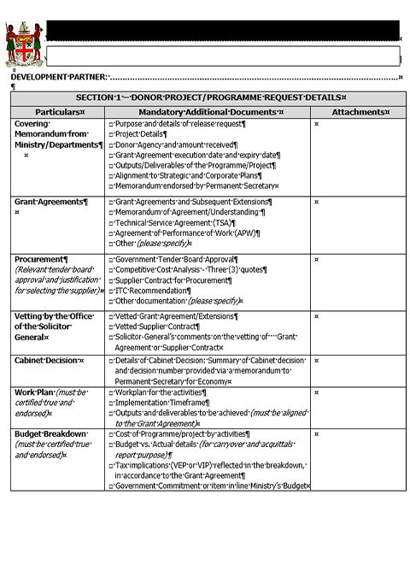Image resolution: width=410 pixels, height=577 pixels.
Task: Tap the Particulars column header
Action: (x=59, y=112)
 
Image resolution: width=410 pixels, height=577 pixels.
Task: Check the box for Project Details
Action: (x=111, y=135)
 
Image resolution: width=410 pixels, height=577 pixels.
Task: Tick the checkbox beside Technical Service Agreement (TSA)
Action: (x=111, y=222)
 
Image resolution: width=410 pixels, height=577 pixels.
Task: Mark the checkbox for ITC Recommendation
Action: (x=111, y=291)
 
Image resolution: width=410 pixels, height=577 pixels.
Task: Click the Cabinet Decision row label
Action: (x=48, y=360)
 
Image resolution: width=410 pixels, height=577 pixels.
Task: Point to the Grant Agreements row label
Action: (x=50, y=202)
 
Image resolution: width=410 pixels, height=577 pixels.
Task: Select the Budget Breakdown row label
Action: (x=52, y=434)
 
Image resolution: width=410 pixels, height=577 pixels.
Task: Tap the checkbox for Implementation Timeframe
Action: (x=111, y=403)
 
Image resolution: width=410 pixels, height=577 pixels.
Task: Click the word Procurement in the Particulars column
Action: (x=39, y=259)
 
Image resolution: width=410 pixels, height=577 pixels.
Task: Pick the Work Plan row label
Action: (x=35, y=392)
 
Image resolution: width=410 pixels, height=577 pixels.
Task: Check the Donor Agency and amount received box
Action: (x=111, y=145)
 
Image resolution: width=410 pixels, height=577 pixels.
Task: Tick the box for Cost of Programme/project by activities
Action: (x=111, y=434)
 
